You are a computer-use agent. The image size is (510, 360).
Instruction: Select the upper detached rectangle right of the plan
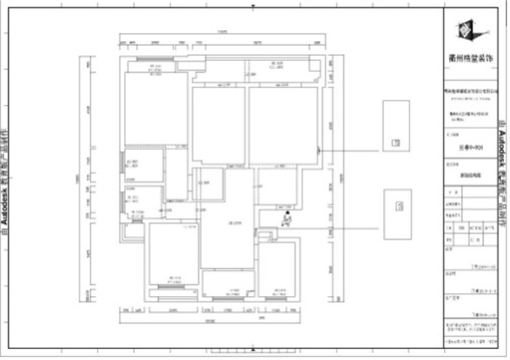pyautogui.click(x=396, y=125)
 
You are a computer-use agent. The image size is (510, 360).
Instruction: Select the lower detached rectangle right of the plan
pyautogui.click(x=396, y=214)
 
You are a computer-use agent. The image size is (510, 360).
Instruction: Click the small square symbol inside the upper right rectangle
pyautogui.click(x=394, y=142)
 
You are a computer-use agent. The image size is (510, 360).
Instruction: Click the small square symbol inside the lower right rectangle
pyautogui.click(x=399, y=206)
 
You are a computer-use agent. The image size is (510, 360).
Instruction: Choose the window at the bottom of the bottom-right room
pyautogui.click(x=276, y=297)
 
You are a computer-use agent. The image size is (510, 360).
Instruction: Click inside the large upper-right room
pyautogui.click(x=283, y=124)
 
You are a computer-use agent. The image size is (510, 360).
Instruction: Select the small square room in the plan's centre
pyautogui.click(x=208, y=184)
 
